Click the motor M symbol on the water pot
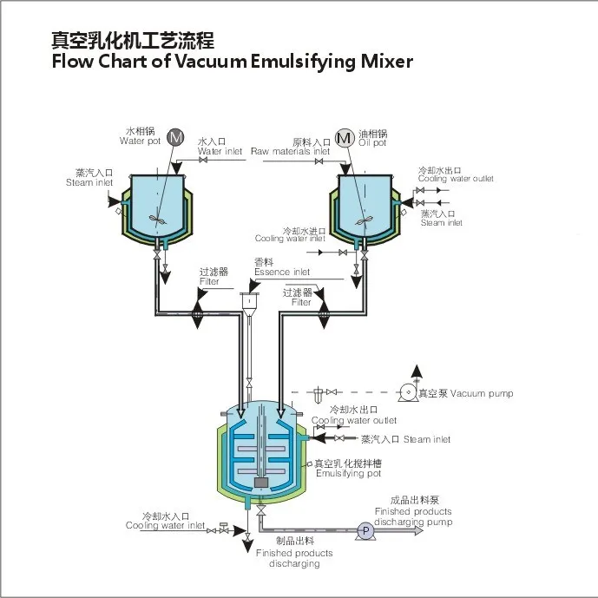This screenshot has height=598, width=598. (176, 137)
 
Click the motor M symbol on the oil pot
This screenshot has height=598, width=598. (345, 137)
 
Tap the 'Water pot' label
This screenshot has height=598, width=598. (140, 141)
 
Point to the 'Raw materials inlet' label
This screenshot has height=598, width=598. (291, 151)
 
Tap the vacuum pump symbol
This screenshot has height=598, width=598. (405, 392)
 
